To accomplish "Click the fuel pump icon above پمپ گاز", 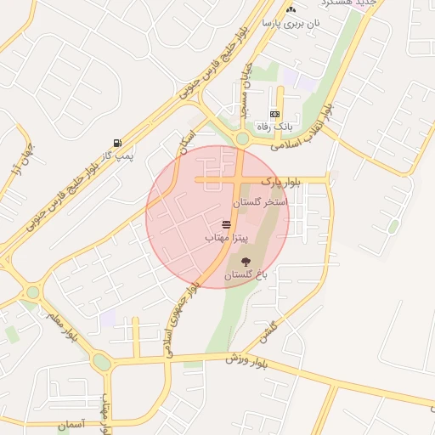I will point(116,143).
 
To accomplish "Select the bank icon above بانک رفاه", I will point(274,113).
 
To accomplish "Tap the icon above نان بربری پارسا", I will point(291,9).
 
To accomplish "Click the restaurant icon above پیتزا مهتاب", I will point(227,224).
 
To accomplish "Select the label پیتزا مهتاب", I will point(226,239).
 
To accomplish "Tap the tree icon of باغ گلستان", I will point(246,261).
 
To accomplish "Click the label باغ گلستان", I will point(246,275).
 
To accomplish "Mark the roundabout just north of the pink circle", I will point(242,138).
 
